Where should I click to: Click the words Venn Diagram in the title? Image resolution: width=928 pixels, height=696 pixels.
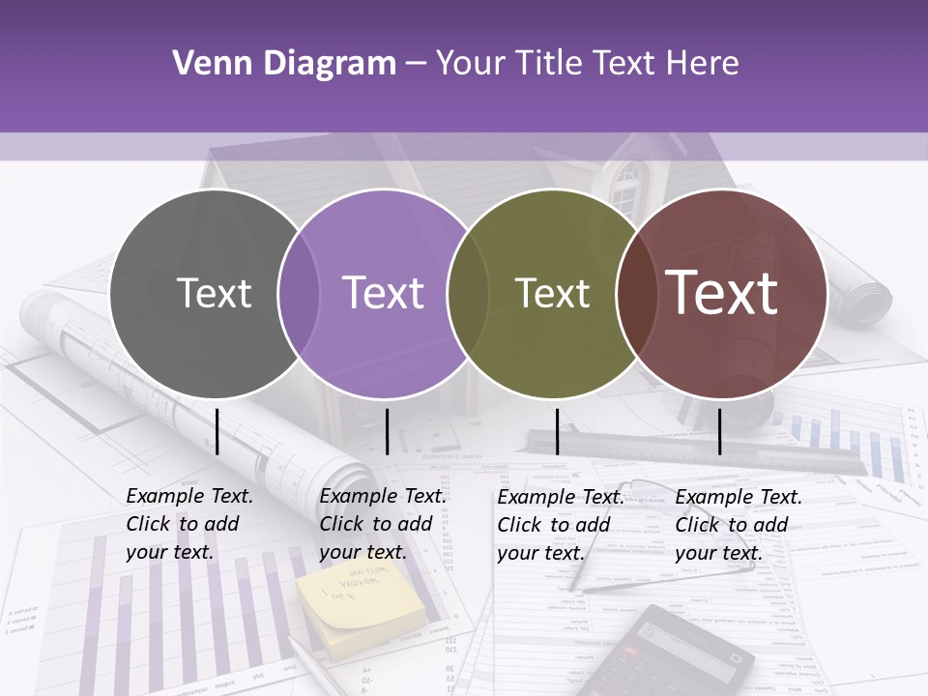pos(283,64)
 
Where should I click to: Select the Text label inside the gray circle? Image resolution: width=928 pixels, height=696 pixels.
pos(214,294)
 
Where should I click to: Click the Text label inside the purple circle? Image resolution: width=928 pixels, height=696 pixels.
pos(383,294)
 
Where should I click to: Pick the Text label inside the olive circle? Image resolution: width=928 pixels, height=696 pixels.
pos(552,294)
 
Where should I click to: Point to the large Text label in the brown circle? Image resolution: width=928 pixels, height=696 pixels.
pos(722,293)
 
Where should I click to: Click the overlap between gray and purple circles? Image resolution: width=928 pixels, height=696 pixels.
pos(299,294)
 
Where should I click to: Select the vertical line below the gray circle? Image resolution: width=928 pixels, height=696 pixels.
pos(217,431)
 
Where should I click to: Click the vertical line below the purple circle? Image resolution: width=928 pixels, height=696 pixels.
pos(387,431)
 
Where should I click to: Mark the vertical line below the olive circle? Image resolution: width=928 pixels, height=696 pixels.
pos(557,431)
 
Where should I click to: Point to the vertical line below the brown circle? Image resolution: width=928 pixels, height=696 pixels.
pos(719,431)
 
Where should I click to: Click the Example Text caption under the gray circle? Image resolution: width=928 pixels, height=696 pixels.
pos(189,524)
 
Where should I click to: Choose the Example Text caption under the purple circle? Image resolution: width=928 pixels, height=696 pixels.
pos(383,524)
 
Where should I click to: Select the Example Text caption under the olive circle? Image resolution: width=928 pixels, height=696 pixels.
pos(561,525)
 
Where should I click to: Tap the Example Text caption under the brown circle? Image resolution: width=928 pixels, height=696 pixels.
pos(739,525)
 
